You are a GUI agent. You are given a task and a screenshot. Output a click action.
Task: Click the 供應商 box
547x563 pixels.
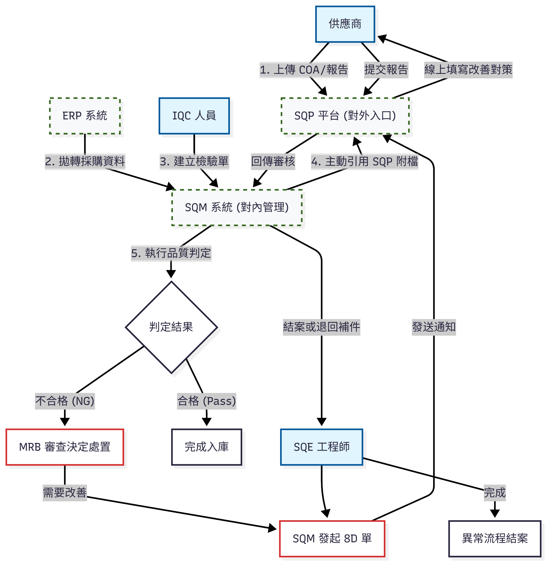345,24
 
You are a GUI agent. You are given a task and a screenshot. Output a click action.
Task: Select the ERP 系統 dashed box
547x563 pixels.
85,116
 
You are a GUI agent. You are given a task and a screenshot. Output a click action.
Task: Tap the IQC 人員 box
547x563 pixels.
194,116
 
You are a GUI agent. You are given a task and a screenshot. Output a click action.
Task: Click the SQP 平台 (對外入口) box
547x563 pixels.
345,116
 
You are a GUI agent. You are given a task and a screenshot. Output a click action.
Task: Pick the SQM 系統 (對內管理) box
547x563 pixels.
237,207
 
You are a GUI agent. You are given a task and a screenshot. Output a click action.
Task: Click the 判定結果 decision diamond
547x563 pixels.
171,327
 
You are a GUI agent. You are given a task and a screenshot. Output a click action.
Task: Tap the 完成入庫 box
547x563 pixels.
207,447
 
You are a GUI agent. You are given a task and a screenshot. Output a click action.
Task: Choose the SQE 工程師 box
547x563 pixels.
321,447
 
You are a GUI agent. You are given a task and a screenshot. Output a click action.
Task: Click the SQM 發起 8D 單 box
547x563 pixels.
332,538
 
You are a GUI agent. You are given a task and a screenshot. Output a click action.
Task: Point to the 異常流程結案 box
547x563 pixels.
495,538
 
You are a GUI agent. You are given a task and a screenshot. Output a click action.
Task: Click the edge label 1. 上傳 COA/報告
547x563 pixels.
304,70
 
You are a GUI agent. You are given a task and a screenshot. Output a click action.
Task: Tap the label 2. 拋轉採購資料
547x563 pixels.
85,161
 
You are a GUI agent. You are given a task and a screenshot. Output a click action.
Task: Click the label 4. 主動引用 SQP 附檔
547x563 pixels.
364,161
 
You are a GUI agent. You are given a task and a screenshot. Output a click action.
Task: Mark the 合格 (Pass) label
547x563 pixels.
207,401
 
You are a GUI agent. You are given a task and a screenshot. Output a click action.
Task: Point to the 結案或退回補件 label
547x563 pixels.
321,327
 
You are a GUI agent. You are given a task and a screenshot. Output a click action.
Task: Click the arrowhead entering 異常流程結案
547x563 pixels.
495,514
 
